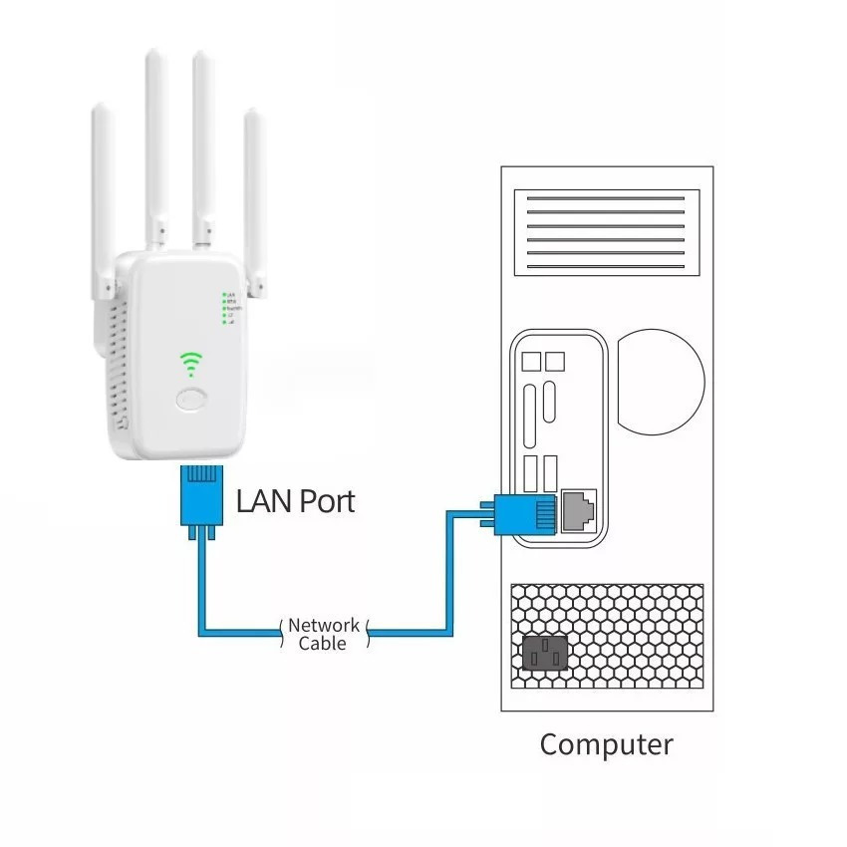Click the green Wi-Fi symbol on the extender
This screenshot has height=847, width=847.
pos(189,363)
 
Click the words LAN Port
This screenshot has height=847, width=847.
pos(295,500)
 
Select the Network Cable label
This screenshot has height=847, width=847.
pos(323,635)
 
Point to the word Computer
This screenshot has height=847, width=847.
pos(606,744)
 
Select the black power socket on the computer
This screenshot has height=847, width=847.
pos(544,655)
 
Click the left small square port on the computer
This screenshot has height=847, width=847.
pos(531,360)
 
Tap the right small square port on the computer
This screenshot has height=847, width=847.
pos(555,360)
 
